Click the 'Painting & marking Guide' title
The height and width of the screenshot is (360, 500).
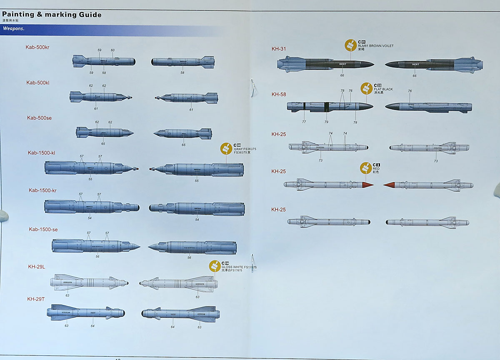(x=52, y=15)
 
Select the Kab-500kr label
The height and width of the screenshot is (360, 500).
(x=38, y=47)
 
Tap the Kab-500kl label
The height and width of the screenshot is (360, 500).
(x=38, y=83)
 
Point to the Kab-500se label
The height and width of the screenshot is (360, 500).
(x=39, y=118)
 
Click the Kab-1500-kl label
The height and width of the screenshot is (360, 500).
(x=41, y=153)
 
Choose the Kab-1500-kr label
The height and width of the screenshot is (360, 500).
(x=42, y=190)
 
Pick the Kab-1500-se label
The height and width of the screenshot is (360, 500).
(x=43, y=230)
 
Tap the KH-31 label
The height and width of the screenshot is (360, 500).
(x=279, y=49)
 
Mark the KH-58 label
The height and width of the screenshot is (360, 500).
(x=279, y=95)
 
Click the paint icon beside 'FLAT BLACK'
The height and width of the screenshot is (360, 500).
(x=366, y=88)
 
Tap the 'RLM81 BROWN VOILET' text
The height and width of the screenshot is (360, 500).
(x=375, y=46)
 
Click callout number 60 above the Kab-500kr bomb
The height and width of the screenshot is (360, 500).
(x=112, y=50)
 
